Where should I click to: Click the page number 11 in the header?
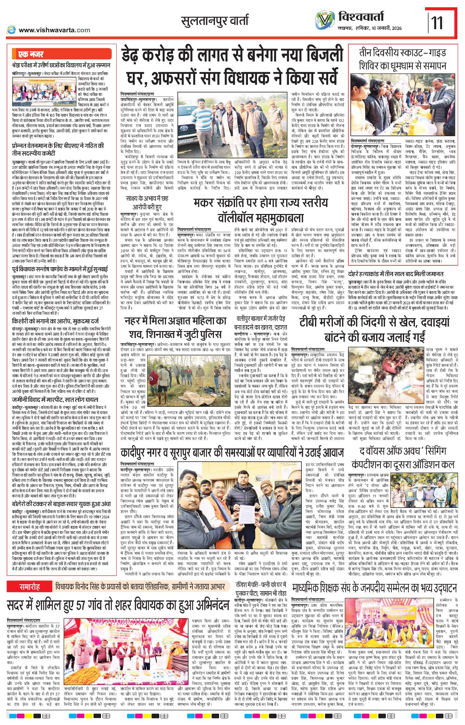[x=437, y=23]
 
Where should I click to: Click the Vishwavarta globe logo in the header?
[x=325, y=20]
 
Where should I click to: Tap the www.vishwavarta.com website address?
[x=55, y=30]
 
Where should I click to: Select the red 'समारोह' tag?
[x=30, y=587]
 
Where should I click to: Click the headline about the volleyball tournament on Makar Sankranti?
[x=260, y=211]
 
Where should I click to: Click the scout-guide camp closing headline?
[x=402, y=59]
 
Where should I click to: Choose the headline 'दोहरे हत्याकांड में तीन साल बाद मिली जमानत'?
[x=396, y=274]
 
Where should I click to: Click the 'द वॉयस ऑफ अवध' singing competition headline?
[x=402, y=458]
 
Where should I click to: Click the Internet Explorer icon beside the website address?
[x=11, y=30]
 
